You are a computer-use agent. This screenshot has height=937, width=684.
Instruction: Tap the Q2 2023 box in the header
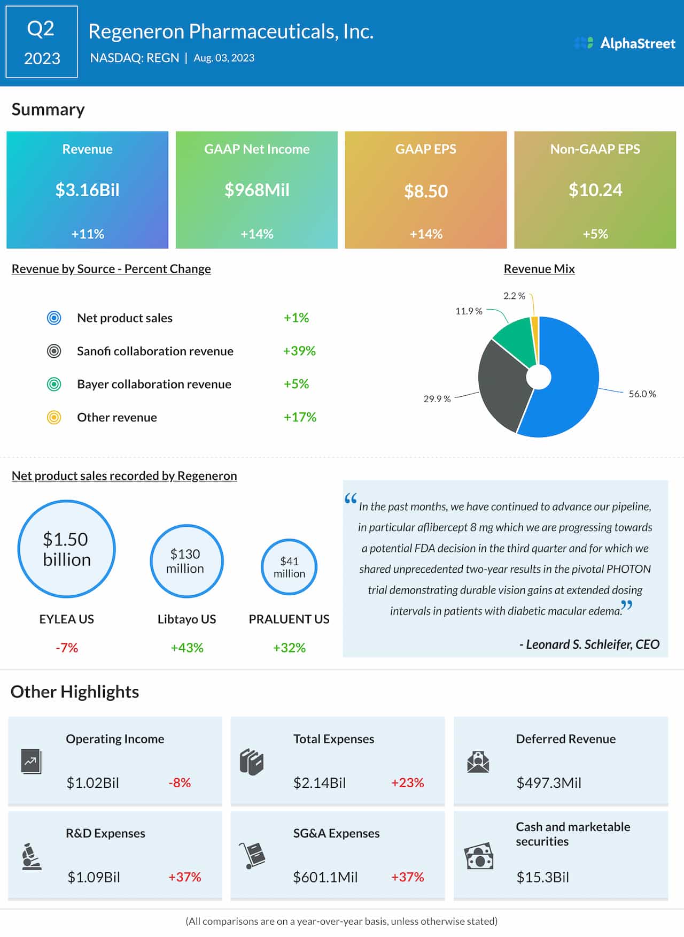(42, 42)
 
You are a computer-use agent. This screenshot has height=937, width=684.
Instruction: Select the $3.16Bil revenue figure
(88, 190)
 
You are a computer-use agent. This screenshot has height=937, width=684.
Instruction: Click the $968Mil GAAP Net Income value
(256, 190)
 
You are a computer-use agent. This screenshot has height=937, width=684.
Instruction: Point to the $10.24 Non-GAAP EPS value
(595, 190)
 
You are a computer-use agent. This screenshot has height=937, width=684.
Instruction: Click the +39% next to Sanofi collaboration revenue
(299, 351)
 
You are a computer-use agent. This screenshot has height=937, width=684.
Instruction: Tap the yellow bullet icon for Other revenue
(54, 417)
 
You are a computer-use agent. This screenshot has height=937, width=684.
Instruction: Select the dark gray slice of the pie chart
(502, 385)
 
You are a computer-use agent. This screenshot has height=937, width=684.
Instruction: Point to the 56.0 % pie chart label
(642, 394)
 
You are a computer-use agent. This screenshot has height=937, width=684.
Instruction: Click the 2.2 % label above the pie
(514, 296)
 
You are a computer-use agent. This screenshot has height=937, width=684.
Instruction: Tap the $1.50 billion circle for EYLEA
(67, 549)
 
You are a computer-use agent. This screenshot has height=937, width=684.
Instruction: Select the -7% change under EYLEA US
(67, 648)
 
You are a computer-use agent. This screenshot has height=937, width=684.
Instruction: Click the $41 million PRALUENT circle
(289, 567)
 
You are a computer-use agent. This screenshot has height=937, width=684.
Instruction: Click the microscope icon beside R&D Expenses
(32, 856)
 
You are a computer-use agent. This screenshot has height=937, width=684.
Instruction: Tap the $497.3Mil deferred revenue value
(548, 783)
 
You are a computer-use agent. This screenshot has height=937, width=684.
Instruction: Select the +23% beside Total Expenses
(407, 783)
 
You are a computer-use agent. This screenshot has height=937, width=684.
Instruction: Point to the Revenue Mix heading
(539, 269)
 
